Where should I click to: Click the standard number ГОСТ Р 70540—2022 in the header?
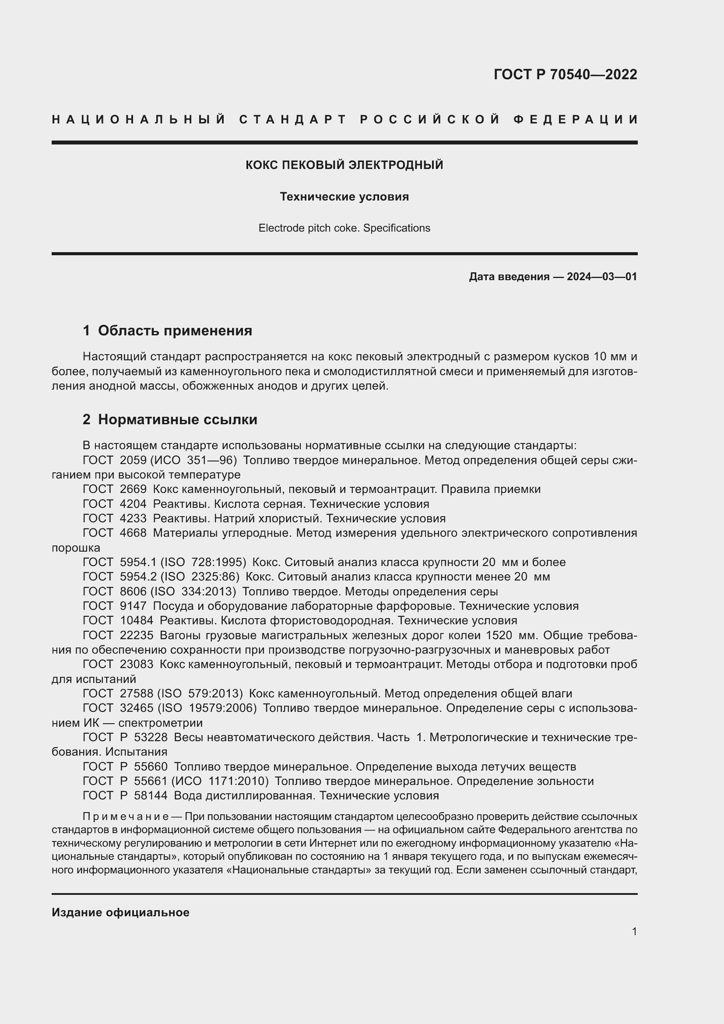pyautogui.click(x=565, y=74)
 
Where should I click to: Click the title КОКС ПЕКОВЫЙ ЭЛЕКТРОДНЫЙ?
pyautogui.click(x=344, y=165)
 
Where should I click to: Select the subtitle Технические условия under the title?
pyautogui.click(x=344, y=197)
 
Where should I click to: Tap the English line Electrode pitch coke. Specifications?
pyautogui.click(x=344, y=228)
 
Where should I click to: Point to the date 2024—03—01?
pyautogui.click(x=601, y=277)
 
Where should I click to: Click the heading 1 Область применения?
pyautogui.click(x=167, y=331)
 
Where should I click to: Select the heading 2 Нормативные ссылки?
pyautogui.click(x=170, y=419)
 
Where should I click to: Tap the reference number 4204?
pyautogui.click(x=133, y=504)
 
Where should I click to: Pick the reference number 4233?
pyautogui.click(x=133, y=518)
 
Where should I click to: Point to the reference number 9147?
pyautogui.click(x=133, y=605)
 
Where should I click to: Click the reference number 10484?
pyautogui.click(x=137, y=620)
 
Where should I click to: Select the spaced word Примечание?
pyautogui.click(x=125, y=816)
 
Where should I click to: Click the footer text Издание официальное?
pyautogui.click(x=120, y=912)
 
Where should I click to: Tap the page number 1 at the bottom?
pyautogui.click(x=634, y=931)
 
